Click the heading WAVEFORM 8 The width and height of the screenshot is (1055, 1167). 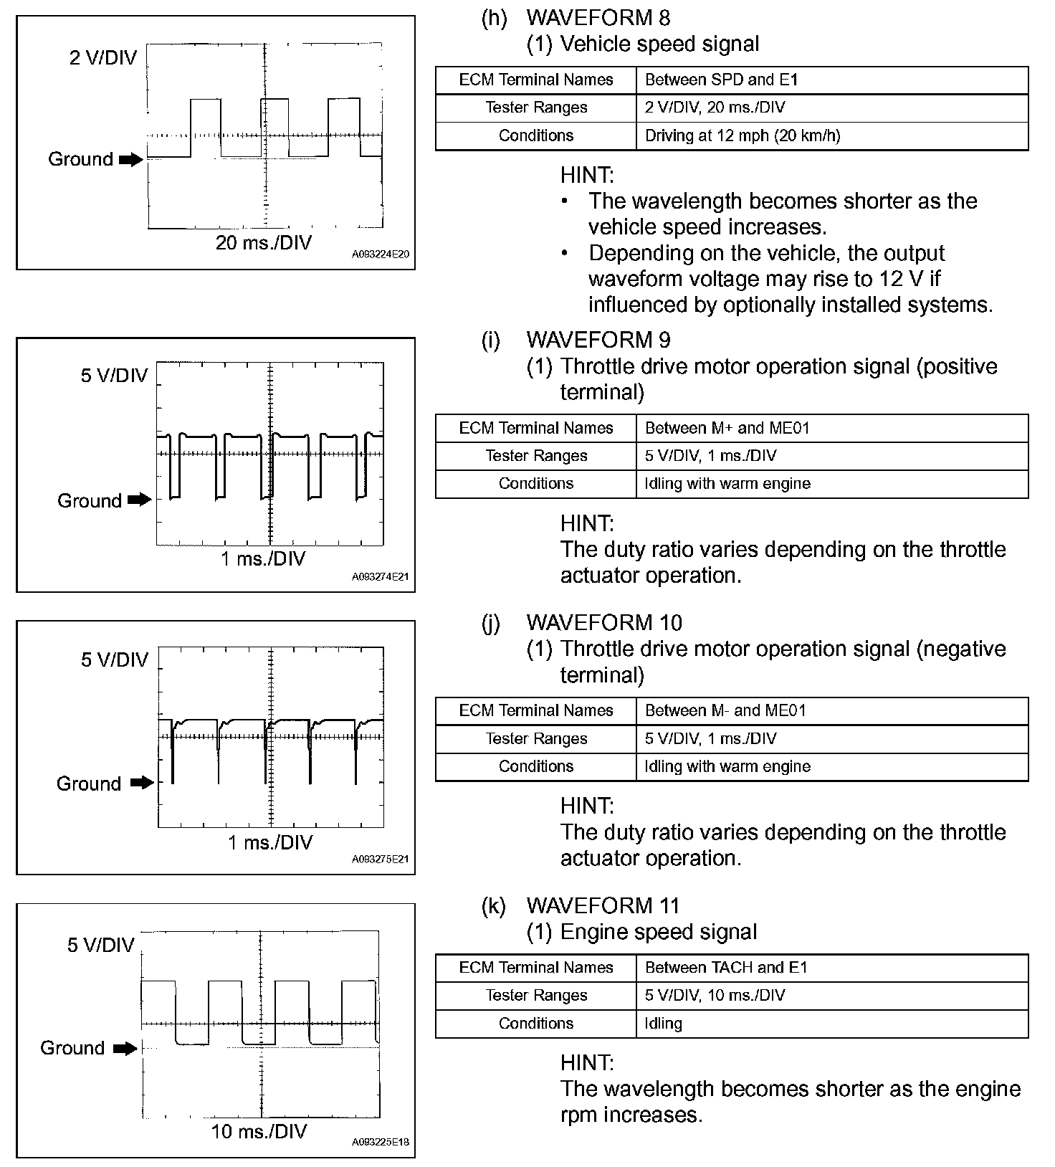point(598,17)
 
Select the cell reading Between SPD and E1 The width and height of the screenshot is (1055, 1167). point(721,80)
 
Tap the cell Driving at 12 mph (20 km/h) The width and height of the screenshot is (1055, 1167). point(743,135)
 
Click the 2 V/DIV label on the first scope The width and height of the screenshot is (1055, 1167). point(103,58)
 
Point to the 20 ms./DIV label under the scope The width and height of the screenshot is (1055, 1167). point(264,243)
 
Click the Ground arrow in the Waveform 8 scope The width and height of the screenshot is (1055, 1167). point(131,160)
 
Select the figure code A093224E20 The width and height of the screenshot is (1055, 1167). point(381,254)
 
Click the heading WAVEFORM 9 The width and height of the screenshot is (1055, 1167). point(598,340)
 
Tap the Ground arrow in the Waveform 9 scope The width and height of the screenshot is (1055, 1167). point(140,500)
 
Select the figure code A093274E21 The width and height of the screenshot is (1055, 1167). point(381,576)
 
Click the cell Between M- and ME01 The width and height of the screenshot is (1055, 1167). point(725,710)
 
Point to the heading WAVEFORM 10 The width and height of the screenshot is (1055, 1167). point(603,622)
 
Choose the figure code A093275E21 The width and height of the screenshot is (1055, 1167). point(381,859)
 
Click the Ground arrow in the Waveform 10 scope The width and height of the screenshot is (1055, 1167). point(142,783)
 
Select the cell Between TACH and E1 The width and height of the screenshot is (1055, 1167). point(726,968)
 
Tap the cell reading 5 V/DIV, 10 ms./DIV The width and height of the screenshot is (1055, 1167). point(715,995)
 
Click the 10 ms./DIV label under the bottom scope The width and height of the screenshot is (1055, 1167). point(259,1132)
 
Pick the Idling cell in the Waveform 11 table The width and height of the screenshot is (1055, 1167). point(663,1023)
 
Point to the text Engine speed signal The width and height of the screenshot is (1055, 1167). point(658,932)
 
